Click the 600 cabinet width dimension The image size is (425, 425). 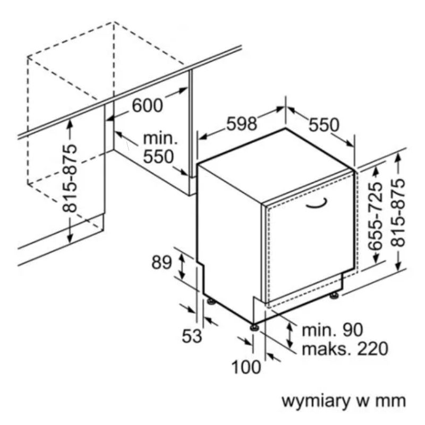pos(147,105)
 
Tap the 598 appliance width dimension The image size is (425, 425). pos(242,124)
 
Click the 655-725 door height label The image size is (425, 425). pos(376,215)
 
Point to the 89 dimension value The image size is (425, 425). pos(162,263)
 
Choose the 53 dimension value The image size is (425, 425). pos(192,336)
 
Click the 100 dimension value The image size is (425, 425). pos(247,367)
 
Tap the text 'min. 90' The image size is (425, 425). pos(332,330)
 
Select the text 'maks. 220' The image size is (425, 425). pos(344,349)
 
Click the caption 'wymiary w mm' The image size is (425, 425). pos(343,401)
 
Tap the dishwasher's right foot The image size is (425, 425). pos(334,294)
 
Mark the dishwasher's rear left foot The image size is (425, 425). pos(211,301)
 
